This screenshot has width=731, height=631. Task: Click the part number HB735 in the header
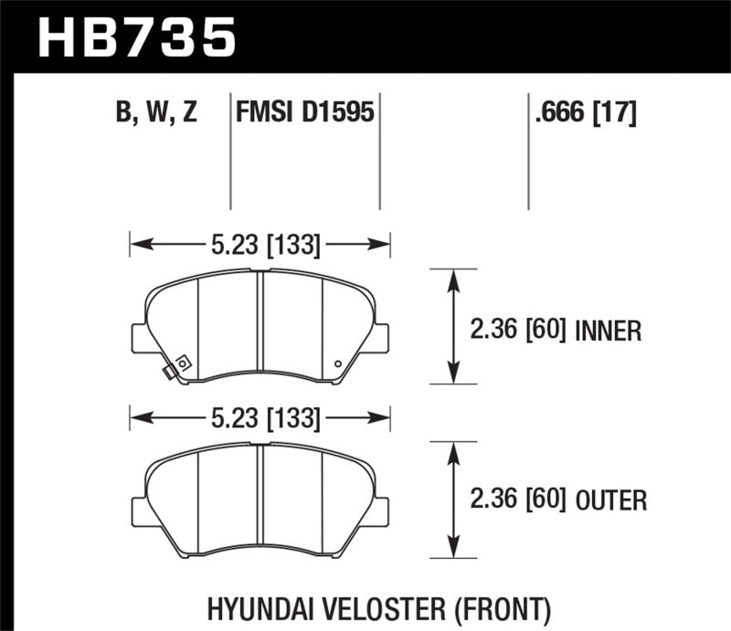coord(135,37)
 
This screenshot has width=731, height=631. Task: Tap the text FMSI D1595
coord(304,113)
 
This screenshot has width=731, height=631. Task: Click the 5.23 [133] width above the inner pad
coord(260,244)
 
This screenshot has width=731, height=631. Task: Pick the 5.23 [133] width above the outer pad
coord(260,419)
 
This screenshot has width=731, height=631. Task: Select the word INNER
coord(609,330)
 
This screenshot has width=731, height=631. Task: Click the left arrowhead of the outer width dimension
coord(137,419)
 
